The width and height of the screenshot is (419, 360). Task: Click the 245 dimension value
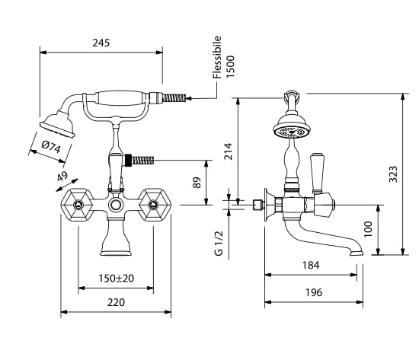pyautogui.click(x=101, y=43)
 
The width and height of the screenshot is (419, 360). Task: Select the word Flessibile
pyautogui.click(x=217, y=57)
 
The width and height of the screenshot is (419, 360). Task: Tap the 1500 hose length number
pyautogui.click(x=230, y=66)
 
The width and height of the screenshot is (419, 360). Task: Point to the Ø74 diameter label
pyautogui.click(x=51, y=146)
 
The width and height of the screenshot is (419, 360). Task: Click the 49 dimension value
pyautogui.click(x=62, y=177)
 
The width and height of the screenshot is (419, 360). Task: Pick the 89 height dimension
pyautogui.click(x=197, y=183)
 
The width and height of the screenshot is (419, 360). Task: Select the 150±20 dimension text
pyautogui.click(x=117, y=279)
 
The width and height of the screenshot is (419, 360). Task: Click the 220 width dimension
pyautogui.click(x=116, y=303)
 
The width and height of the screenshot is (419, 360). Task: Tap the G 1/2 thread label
pyautogui.click(x=219, y=243)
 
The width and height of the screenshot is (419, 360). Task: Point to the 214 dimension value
pyautogui.click(x=229, y=151)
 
